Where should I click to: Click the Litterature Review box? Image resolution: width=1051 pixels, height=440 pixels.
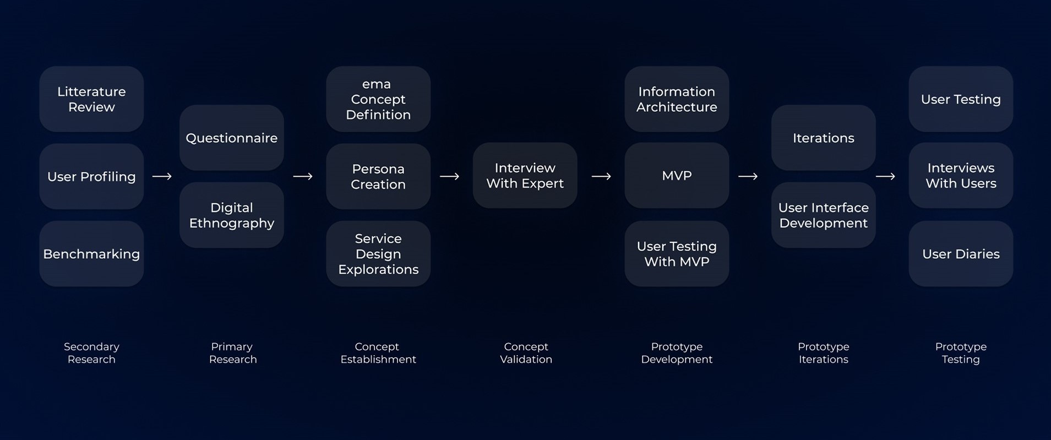tap(91, 99)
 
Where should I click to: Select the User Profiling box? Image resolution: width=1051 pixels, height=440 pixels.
tap(91, 176)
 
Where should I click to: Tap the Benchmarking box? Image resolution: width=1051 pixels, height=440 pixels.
tap(91, 254)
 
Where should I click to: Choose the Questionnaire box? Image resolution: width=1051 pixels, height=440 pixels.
tap(232, 138)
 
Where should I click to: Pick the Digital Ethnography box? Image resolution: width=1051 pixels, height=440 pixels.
tap(232, 215)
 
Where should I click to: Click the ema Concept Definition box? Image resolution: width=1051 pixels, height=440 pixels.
tap(378, 99)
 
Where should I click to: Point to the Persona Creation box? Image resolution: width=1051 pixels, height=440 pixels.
tap(378, 176)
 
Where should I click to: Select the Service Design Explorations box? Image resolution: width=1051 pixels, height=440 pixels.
tap(378, 254)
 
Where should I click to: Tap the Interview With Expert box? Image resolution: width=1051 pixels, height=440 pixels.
tap(525, 176)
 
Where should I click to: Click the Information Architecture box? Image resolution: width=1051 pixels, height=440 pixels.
tap(677, 99)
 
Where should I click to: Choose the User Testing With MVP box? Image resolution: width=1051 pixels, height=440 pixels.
tap(677, 254)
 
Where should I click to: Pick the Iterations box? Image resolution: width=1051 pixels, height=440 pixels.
tap(823, 138)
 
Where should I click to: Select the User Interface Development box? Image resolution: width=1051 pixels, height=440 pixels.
tap(823, 215)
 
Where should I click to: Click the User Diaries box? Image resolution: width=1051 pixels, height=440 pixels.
tap(961, 254)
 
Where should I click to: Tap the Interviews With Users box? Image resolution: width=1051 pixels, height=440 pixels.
tap(961, 176)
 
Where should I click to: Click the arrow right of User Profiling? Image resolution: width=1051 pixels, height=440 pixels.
tap(162, 176)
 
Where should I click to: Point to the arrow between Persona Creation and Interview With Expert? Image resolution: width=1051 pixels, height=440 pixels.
tap(449, 176)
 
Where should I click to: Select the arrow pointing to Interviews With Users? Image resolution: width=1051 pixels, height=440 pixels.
tap(885, 176)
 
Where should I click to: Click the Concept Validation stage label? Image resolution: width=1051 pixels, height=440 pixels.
tap(526, 353)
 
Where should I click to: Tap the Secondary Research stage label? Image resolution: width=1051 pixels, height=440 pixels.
tap(91, 353)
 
